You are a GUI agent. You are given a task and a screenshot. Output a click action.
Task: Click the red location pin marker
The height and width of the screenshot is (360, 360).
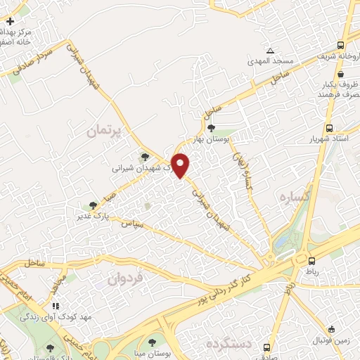pyautogui.click(x=181, y=165)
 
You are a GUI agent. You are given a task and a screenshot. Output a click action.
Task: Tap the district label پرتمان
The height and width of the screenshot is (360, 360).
pyautogui.click(x=105, y=131)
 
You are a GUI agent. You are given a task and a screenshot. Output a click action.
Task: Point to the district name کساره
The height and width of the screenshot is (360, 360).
pyautogui.click(x=295, y=198)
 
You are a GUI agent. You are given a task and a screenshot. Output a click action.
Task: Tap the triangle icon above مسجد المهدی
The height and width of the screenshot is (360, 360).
pyautogui.click(x=270, y=51)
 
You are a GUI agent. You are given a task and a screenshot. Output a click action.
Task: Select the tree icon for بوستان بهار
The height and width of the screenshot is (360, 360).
pyautogui.click(x=212, y=127)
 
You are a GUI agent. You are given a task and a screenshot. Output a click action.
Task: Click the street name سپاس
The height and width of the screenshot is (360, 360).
pyautogui.click(x=134, y=225)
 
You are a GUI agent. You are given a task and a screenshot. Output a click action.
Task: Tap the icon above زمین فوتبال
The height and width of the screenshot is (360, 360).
pyautogui.click(x=331, y=328)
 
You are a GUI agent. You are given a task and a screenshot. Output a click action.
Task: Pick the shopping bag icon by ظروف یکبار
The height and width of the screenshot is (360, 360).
pyautogui.click(x=340, y=74)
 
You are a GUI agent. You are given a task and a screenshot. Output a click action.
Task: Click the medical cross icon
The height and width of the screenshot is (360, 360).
pyautogui.click(x=9, y=22)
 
